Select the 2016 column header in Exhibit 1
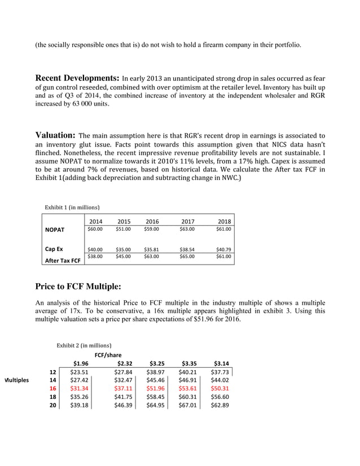[152, 222]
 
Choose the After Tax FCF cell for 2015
[123, 256]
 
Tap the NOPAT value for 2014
[95, 229]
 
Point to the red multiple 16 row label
[52, 389]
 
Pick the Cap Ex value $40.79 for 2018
[223, 248]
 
